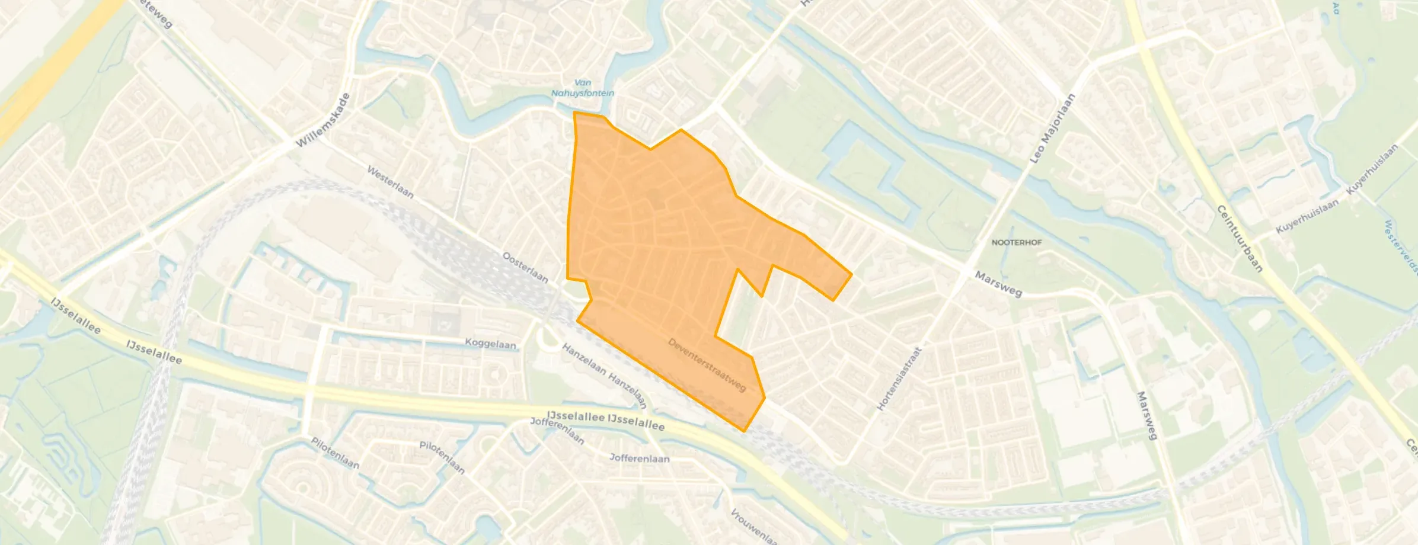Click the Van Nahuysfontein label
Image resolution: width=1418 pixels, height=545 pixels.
tap(582, 88)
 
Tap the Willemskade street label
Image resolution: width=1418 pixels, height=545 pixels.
tap(324, 121)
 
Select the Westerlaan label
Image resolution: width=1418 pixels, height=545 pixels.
tap(390, 182)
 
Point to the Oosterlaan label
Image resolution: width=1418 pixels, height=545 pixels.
tap(525, 267)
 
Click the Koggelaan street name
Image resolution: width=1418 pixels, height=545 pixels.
tap(490, 344)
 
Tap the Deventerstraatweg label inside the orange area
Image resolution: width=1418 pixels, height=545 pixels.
tap(707, 365)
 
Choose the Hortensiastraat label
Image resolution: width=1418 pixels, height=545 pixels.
tap(899, 379)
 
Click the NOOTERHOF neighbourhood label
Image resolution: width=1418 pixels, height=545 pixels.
tap(1017, 243)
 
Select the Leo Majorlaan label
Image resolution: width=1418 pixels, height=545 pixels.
tap(1052, 129)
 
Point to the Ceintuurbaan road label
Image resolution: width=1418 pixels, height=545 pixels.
tap(1239, 238)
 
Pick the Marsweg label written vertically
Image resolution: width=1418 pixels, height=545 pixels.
tap(1147, 415)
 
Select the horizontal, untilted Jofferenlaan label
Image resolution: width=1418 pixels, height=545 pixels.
tap(640, 458)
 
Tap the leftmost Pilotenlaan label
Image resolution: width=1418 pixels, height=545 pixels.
tap(336, 453)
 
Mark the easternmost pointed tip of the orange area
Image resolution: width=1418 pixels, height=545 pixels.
tap(851, 274)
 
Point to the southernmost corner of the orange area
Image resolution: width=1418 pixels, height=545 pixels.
tap(744, 431)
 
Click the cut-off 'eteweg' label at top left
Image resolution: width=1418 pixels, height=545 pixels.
tap(155, 13)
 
